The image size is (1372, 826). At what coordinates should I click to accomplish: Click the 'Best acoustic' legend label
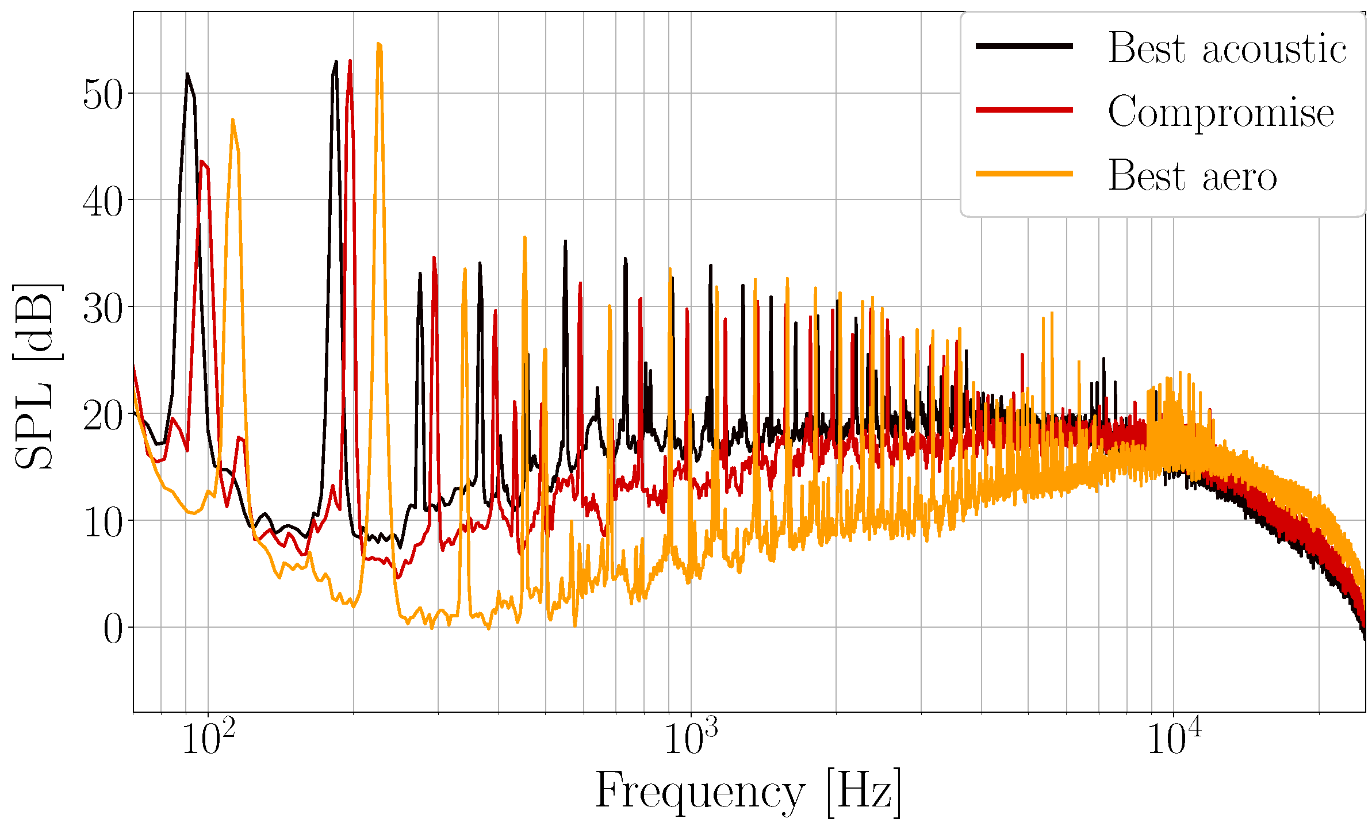click(x=1227, y=48)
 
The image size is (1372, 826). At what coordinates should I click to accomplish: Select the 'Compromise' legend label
click(x=1220, y=112)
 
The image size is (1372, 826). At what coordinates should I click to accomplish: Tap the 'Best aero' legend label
click(x=1192, y=175)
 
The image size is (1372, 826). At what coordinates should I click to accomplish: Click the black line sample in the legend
click(x=1024, y=46)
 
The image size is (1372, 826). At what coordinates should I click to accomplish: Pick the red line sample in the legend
click(x=1024, y=110)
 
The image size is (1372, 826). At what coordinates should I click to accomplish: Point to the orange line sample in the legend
click(x=1024, y=174)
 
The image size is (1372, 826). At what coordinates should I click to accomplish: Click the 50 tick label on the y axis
click(x=103, y=94)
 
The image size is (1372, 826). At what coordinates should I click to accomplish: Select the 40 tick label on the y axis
click(x=103, y=201)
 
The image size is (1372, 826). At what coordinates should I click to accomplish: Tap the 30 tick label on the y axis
click(x=103, y=308)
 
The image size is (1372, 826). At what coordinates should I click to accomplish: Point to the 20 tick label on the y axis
click(x=103, y=415)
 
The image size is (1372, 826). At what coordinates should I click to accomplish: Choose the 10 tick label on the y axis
click(x=103, y=522)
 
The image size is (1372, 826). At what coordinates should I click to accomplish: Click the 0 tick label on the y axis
click(x=113, y=629)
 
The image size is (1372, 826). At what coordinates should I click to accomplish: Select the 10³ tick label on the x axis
click(x=691, y=739)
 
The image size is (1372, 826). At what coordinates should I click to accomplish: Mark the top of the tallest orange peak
click(x=378, y=44)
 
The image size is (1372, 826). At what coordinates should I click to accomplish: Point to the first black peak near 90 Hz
click(x=187, y=74)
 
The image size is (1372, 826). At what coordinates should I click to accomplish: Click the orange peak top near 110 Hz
click(x=232, y=120)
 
